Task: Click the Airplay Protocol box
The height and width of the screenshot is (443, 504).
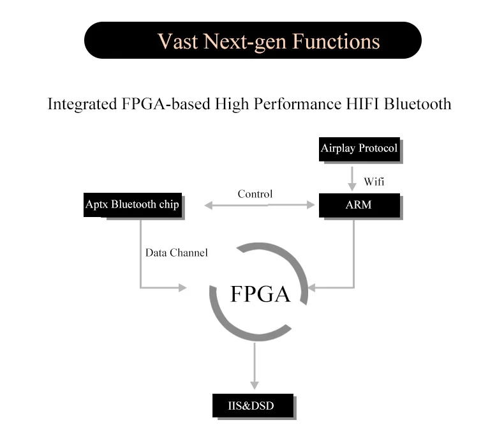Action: coord(359,149)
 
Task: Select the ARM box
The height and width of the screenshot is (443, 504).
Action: coord(359,206)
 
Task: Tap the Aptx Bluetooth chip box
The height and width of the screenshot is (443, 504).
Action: coord(133,205)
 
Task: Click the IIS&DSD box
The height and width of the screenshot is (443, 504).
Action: coord(253,405)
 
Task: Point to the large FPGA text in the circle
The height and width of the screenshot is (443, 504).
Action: coord(260,294)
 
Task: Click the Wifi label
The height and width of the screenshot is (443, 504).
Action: coord(374,182)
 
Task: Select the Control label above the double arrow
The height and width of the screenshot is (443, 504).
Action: coord(255,194)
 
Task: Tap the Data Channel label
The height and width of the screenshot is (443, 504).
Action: coord(177,253)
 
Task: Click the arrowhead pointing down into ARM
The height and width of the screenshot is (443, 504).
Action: coord(352,187)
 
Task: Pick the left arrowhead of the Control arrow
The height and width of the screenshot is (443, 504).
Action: coord(208,206)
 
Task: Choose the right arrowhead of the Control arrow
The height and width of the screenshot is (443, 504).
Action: coord(311,205)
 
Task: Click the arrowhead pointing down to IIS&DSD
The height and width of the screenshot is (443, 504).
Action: coord(255,386)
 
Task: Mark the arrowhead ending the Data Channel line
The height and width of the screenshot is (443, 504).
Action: coord(182,288)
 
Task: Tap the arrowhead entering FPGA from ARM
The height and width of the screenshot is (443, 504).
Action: coord(312,288)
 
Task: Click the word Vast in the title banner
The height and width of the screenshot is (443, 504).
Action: coord(178,41)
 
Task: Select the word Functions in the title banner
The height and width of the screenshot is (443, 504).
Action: coord(336,41)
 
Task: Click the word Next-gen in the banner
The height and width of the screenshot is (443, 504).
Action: coord(245,42)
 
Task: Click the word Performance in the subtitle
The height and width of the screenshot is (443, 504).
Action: coord(297,104)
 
